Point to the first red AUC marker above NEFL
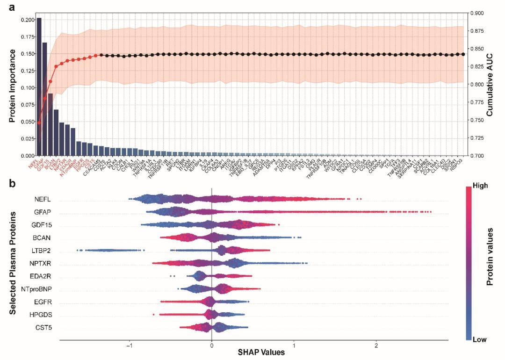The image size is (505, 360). (x=39, y=123)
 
